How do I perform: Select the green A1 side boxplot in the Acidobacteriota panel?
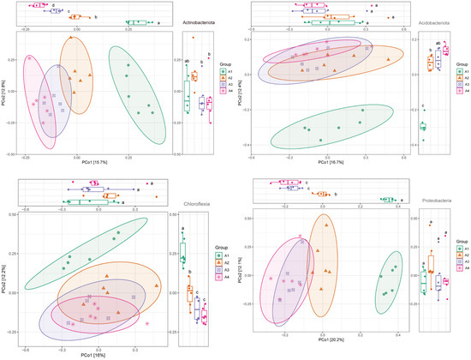[423, 127]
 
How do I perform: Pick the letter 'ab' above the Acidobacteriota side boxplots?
[438, 42]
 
